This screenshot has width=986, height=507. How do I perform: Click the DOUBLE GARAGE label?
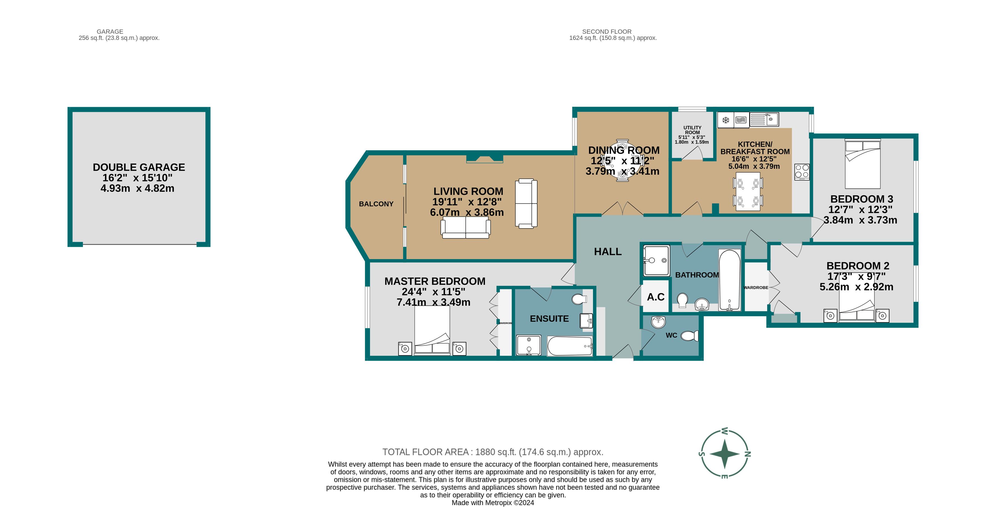[139, 168]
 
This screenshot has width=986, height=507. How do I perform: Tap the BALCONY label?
[376, 204]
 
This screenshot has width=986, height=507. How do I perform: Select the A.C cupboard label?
[656, 297]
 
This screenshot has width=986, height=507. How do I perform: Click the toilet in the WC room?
[689, 336]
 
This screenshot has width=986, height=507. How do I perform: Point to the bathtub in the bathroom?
[730, 279]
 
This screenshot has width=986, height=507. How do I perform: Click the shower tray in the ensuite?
[529, 345]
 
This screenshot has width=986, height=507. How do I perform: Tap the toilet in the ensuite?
[579, 299]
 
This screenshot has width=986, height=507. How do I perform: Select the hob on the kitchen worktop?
[802, 172]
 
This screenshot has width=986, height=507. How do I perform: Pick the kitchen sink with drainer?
[764, 119]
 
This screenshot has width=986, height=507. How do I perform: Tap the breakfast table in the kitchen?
[748, 191]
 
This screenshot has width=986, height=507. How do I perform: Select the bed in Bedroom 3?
[863, 164]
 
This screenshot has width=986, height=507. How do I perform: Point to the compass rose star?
[724, 454]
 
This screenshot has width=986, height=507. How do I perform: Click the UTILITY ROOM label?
[692, 130]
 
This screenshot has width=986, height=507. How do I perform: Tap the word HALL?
[608, 252]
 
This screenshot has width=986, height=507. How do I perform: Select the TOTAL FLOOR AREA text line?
[493, 452]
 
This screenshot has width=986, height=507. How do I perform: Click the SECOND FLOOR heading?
[607, 31]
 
